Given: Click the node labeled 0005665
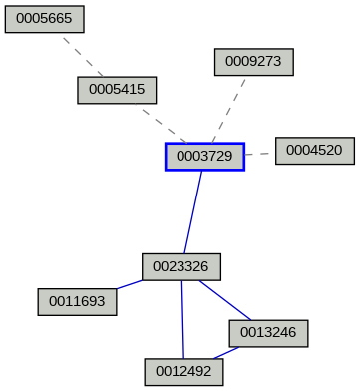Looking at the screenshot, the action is pyautogui.click(x=44, y=19).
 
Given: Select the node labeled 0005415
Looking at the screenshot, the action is pyautogui.click(x=117, y=90).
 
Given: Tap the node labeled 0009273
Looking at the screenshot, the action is pyautogui.click(x=253, y=62).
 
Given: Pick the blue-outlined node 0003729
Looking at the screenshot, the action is pyautogui.click(x=204, y=157).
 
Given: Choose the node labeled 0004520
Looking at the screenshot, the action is pyautogui.click(x=314, y=151).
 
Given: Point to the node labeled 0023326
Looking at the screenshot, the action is pyautogui.click(x=180, y=267).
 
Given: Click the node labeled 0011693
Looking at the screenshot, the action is pyautogui.click(x=77, y=301).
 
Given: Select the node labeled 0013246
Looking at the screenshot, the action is pyautogui.click(x=268, y=333).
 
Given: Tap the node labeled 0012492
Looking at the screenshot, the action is pyautogui.click(x=183, y=372).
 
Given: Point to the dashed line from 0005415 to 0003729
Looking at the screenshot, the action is pyautogui.click(x=163, y=124).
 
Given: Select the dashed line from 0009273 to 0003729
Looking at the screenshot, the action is pyautogui.click(x=229, y=109).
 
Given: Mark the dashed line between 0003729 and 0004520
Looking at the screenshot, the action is pyautogui.click(x=259, y=154).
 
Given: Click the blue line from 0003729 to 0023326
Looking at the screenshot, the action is pyautogui.click(x=192, y=211).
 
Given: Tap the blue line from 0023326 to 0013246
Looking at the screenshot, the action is pyautogui.click(x=224, y=300).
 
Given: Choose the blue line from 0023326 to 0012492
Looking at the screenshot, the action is pyautogui.click(x=182, y=319).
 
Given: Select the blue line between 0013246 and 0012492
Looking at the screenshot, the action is pyautogui.click(x=225, y=353).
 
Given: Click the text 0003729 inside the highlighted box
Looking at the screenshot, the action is pyautogui.click(x=204, y=157).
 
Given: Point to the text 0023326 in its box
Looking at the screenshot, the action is pyautogui.click(x=180, y=267).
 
